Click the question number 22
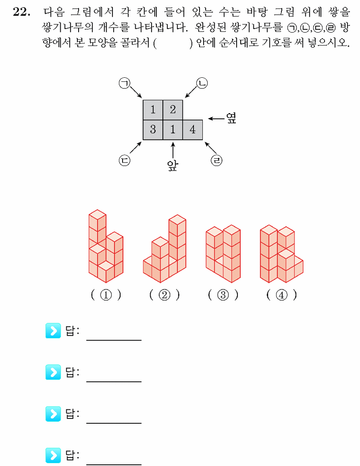22,12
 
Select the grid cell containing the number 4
193,130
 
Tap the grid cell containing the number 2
173,110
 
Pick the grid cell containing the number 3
153,130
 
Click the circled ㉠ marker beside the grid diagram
125,83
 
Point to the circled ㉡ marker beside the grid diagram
202,83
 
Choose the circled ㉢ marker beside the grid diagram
125,160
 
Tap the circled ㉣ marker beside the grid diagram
217,160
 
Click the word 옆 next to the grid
231,118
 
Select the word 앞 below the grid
173,165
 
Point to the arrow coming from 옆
216,118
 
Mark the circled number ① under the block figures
106,295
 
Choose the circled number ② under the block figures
165,295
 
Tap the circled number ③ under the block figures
223,295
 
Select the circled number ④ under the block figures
281,295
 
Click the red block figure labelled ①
106,246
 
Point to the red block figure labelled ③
223,254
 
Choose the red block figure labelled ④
281,254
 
